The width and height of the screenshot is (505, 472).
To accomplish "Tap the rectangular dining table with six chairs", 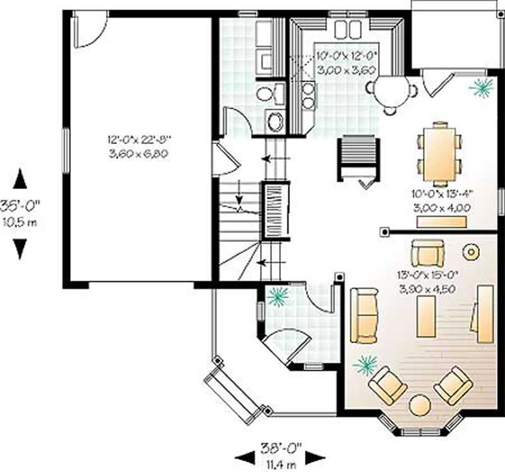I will tap(440, 152).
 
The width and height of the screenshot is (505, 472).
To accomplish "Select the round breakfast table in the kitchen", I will tap(391, 91).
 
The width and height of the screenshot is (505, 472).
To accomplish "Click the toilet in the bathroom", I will tap(268, 94).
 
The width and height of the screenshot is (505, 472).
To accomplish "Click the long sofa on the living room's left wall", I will tap(364, 315).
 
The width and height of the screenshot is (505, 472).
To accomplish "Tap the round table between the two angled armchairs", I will tap(420, 404).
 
